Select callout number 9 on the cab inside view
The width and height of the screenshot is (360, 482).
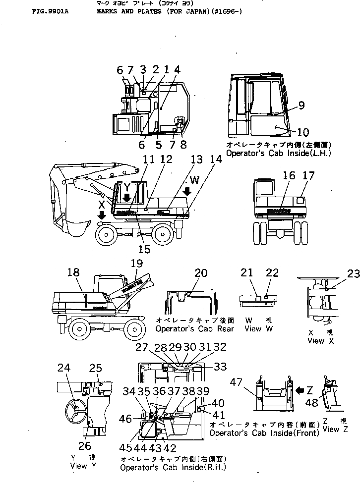(301, 105)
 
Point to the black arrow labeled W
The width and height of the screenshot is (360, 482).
(187, 191)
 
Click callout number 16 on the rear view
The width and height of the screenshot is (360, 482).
(289, 175)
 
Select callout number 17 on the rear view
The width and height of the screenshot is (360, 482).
(309, 175)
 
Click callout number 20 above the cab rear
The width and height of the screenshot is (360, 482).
(201, 272)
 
